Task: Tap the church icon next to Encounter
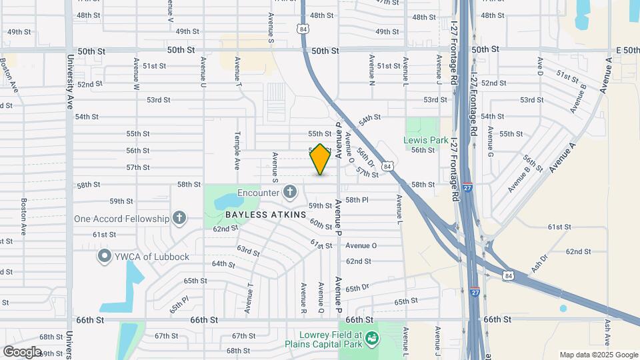(289, 193)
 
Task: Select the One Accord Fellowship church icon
(178, 218)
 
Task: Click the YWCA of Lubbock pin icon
(105, 256)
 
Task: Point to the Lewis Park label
(425, 140)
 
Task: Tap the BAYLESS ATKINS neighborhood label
(265, 215)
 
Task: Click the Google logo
(22, 351)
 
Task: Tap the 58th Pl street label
(357, 200)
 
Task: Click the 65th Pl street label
(177, 306)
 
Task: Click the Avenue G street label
(490, 145)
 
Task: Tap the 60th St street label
(321, 224)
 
